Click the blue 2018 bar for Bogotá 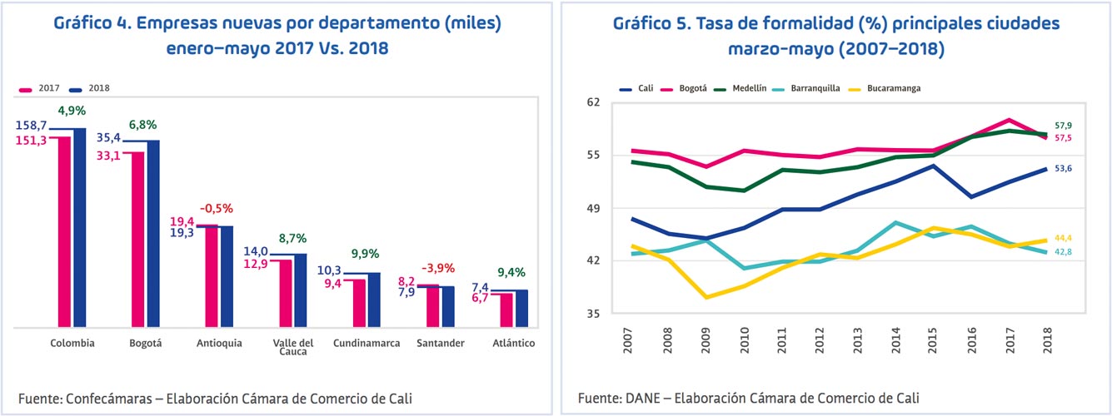153,234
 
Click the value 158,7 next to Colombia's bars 31,125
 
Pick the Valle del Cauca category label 293,347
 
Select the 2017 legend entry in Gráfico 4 39,87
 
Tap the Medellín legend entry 754,88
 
